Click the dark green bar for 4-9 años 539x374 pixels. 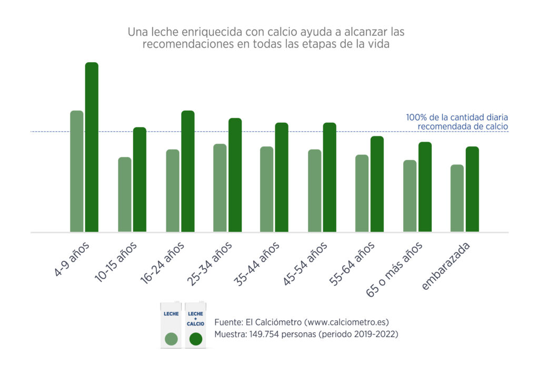(x=92, y=147)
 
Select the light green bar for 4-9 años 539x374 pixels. (x=77, y=171)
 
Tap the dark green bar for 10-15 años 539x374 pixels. (x=139, y=179)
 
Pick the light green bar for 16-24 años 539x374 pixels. (x=173, y=191)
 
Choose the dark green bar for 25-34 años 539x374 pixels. (x=235, y=175)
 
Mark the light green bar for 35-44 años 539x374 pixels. (x=267, y=189)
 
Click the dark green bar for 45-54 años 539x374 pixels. (x=330, y=177)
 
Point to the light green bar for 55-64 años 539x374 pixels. (x=362, y=193)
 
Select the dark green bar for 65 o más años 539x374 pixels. (x=425, y=187)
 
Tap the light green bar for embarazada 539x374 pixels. (x=457, y=198)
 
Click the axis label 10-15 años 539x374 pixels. (x=116, y=262)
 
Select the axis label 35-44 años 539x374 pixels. (x=256, y=264)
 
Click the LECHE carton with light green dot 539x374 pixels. (x=171, y=325)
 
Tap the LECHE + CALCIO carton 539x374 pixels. (x=195, y=325)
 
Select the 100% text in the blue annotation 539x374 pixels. (x=416, y=117)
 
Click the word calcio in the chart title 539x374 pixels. (x=282, y=32)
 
